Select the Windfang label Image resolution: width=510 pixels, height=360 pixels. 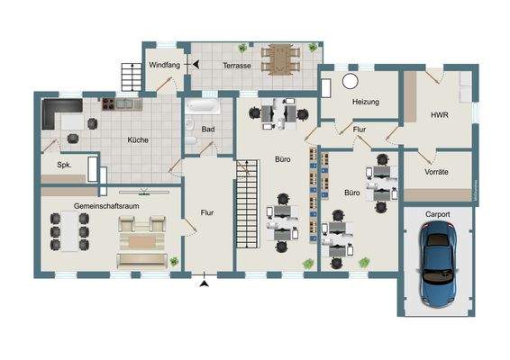tap(165, 66)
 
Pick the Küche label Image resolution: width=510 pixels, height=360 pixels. tap(138, 139)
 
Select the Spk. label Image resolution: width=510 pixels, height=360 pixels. tap(64, 166)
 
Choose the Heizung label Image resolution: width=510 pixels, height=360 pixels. tap(364, 102)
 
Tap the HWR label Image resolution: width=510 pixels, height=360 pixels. tap(439, 115)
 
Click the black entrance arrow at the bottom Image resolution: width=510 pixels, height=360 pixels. tap(205, 283)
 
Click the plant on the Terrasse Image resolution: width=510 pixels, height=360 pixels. tap(241, 48)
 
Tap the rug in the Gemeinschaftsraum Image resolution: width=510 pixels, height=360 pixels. tap(141, 240)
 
